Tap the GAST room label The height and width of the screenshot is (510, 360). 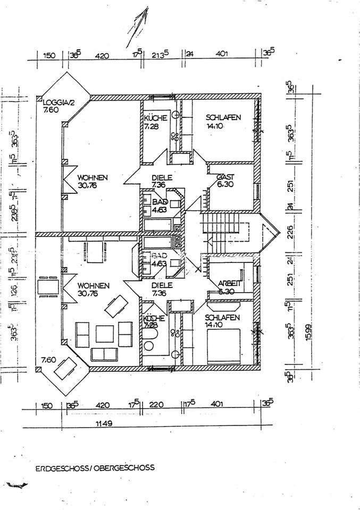pyautogui.click(x=225, y=176)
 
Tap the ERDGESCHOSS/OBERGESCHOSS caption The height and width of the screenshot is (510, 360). pyautogui.click(x=95, y=468)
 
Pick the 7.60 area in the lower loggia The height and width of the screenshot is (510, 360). pyautogui.click(x=49, y=360)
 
